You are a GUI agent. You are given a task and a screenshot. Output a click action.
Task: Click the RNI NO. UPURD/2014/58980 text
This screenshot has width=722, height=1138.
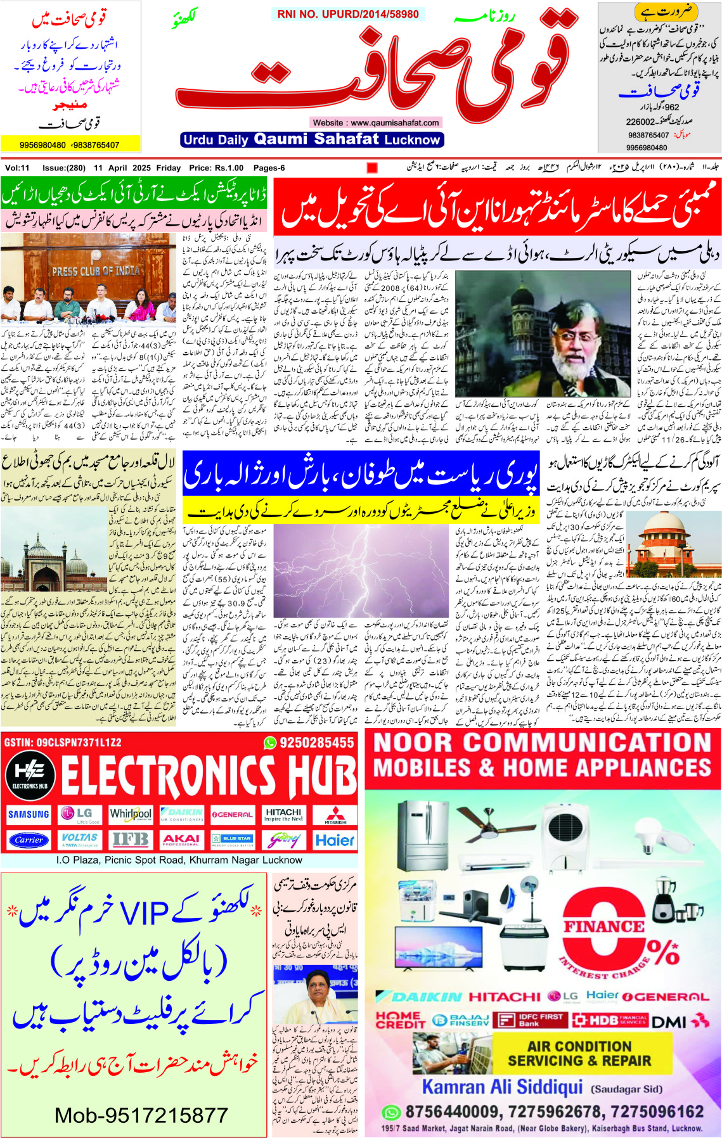coord(348,14)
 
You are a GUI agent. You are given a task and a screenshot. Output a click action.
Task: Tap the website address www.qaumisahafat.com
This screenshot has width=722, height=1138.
coord(376,122)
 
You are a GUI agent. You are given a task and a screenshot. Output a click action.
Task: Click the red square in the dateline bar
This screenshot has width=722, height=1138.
coord(372,168)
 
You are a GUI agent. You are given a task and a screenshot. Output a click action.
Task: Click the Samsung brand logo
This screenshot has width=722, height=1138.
coord(29,814)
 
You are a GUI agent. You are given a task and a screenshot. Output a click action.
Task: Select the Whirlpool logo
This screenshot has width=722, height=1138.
coord(131,814)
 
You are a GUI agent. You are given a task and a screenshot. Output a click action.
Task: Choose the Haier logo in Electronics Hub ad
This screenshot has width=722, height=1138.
coord(335,840)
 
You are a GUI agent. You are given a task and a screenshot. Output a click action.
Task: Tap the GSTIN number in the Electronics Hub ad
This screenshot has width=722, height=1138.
coord(62,742)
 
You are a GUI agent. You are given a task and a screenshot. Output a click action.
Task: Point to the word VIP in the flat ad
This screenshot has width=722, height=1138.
coord(145,913)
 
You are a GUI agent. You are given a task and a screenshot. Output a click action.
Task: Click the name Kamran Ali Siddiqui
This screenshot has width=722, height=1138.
coord(502,1087)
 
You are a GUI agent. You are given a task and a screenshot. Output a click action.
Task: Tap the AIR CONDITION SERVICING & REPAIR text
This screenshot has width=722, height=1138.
coord(579,1053)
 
